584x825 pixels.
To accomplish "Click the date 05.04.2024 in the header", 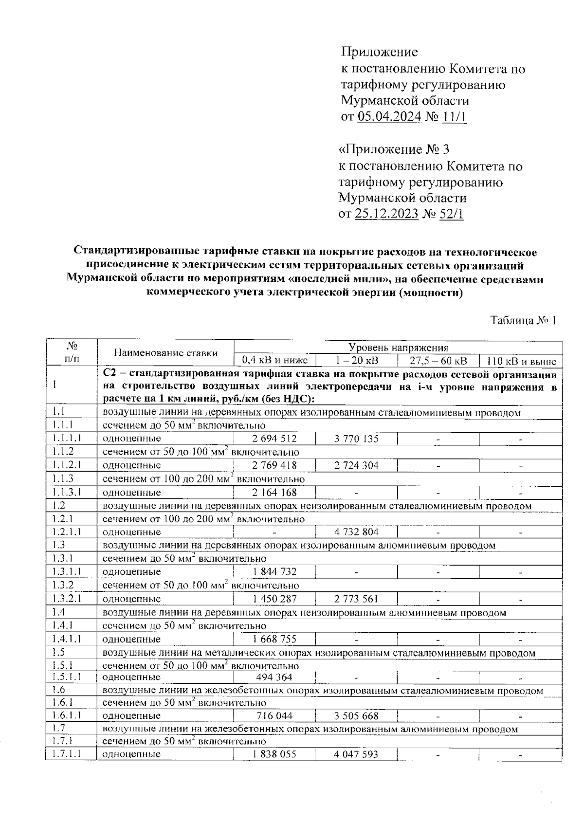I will point(389,117).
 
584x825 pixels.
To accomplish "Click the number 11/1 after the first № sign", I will point(455,117).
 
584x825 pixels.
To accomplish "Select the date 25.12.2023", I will point(386,214).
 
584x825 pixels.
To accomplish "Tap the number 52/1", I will point(451,214).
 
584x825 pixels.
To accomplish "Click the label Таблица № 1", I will point(523,321).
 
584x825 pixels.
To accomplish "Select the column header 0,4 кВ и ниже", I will point(275,361).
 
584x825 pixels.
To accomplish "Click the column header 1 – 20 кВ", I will point(357,361).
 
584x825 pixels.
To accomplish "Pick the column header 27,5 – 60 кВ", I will point(438,361).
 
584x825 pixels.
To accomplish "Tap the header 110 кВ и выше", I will point(521,361).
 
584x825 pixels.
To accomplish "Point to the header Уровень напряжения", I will point(398,347).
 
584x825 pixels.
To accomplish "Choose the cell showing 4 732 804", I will point(356,532).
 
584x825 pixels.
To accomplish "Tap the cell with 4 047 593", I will point(356,754).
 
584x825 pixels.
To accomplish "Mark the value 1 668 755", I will point(274,639).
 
